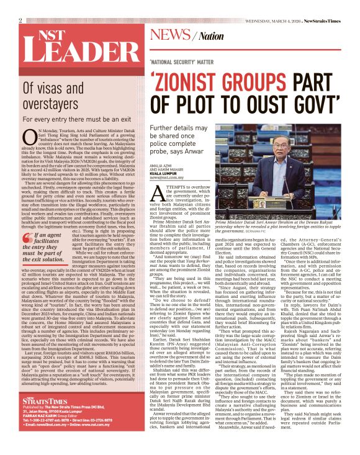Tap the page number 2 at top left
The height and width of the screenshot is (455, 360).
point(20,20)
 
